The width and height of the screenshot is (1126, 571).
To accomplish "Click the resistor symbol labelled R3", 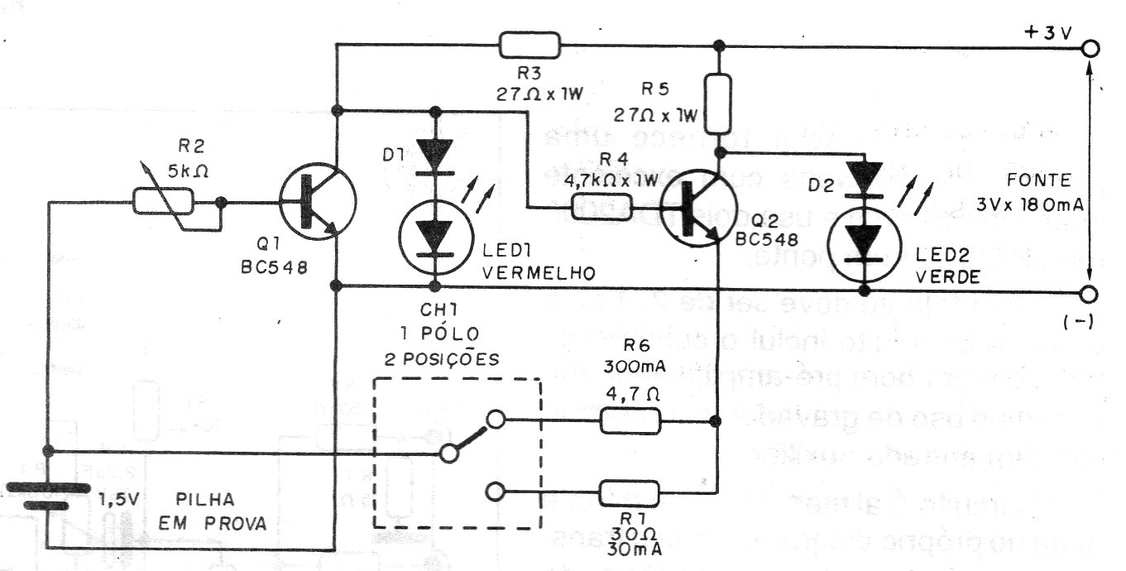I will (x=529, y=45).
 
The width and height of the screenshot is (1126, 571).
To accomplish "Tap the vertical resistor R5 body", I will (x=719, y=101).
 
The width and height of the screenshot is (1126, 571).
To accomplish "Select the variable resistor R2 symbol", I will (x=164, y=201).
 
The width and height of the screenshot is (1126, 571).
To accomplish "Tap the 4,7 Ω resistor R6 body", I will (x=630, y=421).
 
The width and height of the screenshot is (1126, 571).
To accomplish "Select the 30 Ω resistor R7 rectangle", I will (x=630, y=493).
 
